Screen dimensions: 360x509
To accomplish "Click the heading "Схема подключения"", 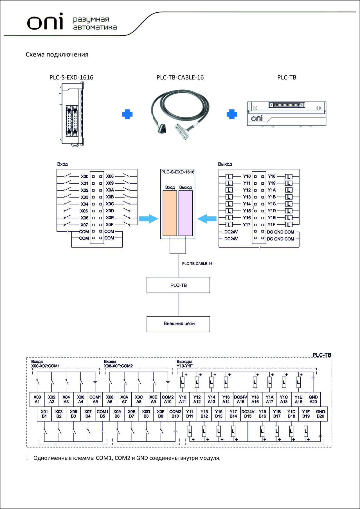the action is [x=57, y=55].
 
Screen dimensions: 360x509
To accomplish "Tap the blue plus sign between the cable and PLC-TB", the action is [x=232, y=114].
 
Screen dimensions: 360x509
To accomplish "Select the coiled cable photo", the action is [x=180, y=114].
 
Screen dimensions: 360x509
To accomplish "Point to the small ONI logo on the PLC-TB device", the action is [x=257, y=118].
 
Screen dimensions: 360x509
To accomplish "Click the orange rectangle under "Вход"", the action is [x=170, y=213].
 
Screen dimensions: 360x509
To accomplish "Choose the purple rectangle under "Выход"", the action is [x=186, y=213].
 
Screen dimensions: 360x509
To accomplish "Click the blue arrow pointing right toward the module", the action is [x=149, y=219].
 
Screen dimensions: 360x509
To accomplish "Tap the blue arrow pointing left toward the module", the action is [x=207, y=219].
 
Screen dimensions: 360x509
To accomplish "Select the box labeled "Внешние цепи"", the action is [x=178, y=324].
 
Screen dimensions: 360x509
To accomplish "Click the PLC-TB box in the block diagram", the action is [x=178, y=285].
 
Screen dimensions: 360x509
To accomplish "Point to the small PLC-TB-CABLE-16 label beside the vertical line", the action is [x=197, y=264].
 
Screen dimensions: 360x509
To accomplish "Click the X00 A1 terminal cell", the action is [x=37, y=399].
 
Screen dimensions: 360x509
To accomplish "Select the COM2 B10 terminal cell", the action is [x=175, y=414].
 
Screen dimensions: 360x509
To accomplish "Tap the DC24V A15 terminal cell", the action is [x=240, y=399].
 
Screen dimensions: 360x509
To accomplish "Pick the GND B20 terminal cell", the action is [x=320, y=414].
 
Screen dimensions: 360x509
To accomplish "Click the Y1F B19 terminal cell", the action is [x=306, y=414].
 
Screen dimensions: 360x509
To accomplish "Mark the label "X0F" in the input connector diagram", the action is [x=110, y=225].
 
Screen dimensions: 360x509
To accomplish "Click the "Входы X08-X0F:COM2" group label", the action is [x=118, y=364].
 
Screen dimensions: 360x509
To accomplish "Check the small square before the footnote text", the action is [x=28, y=458].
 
